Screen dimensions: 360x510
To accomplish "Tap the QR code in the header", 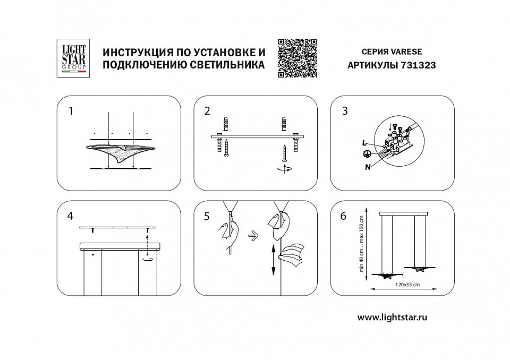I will tap(297, 58).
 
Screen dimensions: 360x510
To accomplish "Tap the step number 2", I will tap(207, 111).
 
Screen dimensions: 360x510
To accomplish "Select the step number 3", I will tap(345, 111).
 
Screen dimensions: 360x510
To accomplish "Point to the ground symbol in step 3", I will tap(366, 154).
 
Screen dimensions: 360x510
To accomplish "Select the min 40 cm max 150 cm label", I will tap(362, 243).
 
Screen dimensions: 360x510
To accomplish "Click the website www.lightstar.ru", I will tap(393, 316).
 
